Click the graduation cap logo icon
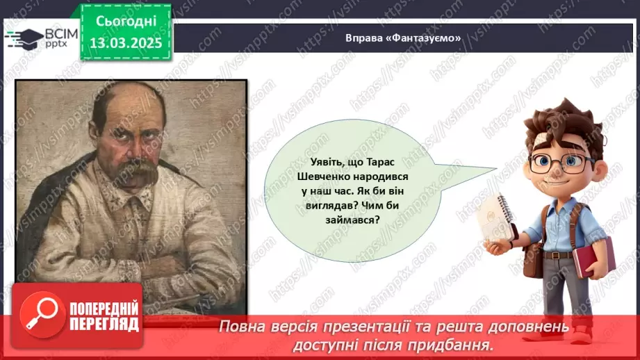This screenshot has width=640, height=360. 24,38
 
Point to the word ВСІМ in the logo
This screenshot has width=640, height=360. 60,33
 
